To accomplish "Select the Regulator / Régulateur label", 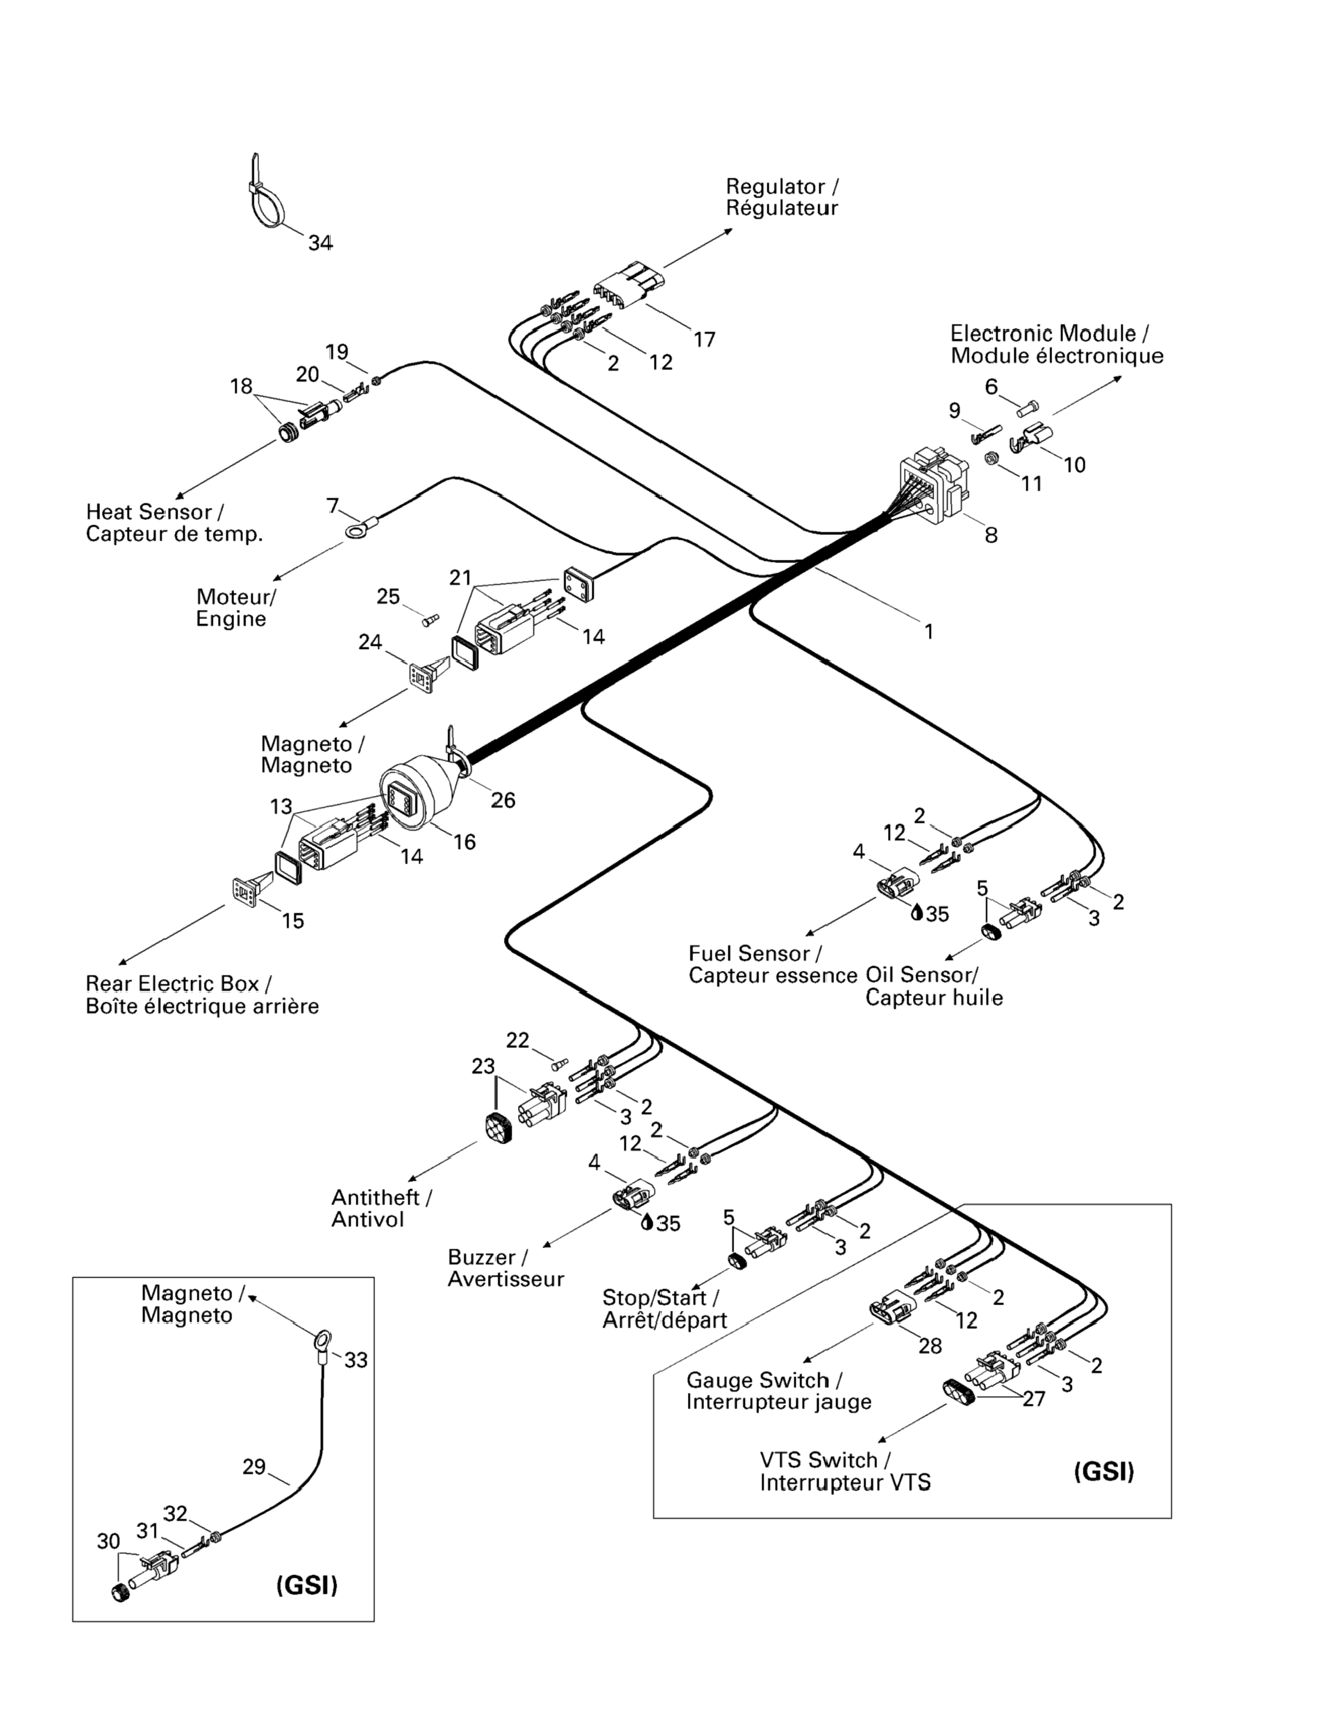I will click(782, 197).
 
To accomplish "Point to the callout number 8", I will click(991, 535).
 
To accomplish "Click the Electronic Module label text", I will click(1056, 344).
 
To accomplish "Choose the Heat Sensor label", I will click(174, 523).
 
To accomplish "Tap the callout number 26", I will click(503, 799).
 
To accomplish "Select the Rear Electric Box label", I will click(201, 995).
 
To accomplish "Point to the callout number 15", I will click(292, 920).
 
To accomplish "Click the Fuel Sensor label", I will click(773, 964).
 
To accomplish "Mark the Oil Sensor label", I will click(933, 986).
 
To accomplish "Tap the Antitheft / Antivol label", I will click(381, 1208).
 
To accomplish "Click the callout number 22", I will click(517, 1040).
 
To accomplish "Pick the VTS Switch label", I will click(844, 1471).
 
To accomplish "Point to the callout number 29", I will click(254, 1466).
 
